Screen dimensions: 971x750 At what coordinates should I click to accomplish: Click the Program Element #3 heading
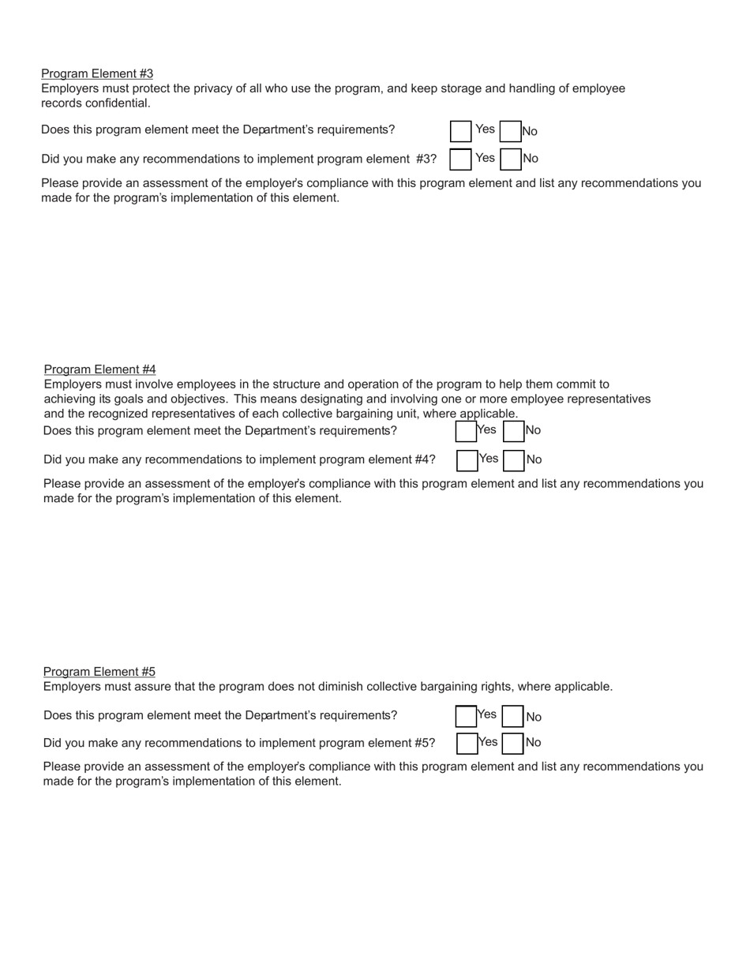coord(97,73)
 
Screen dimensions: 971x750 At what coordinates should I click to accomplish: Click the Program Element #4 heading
coord(99,369)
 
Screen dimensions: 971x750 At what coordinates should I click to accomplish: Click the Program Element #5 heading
coord(99,672)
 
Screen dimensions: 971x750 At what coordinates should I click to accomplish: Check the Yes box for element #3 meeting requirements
coord(460,131)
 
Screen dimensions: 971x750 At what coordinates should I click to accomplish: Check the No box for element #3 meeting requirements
coord(511,131)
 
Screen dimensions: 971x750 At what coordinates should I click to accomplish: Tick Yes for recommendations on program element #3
coord(460,159)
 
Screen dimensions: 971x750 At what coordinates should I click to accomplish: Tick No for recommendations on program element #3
coord(511,159)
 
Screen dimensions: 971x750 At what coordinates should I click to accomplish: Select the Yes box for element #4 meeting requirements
coord(466,431)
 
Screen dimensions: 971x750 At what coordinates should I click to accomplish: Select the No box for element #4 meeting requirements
coord(514,431)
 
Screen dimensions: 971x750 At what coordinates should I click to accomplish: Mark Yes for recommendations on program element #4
coord(467,460)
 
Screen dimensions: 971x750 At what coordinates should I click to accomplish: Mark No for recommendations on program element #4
coord(514,460)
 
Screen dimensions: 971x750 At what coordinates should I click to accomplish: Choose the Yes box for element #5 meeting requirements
coord(466,716)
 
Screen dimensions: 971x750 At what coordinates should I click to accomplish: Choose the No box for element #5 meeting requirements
coord(514,716)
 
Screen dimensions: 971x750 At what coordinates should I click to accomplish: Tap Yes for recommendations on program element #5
coord(467,744)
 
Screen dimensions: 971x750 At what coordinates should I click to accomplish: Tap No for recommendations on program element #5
coord(514,744)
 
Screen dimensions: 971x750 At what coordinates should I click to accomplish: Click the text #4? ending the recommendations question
coord(425,459)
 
